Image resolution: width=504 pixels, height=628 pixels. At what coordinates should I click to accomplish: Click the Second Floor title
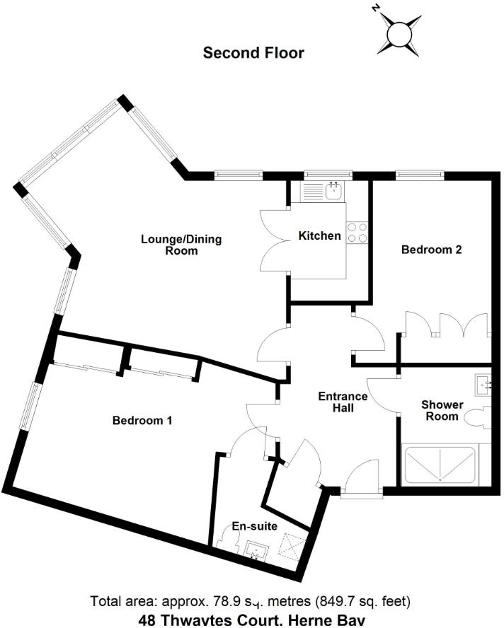253,52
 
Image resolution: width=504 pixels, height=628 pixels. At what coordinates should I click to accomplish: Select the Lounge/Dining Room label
181,245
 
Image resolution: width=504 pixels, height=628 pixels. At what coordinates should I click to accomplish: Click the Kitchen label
319,235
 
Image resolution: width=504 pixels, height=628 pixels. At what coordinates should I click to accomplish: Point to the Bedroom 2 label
431,250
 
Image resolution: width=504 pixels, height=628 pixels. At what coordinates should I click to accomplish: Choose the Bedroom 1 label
142,420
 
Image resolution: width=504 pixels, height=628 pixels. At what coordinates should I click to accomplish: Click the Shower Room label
442,410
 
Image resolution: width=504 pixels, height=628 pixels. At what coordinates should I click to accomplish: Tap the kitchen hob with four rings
357,232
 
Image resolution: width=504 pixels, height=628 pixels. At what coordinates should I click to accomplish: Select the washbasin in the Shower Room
484,384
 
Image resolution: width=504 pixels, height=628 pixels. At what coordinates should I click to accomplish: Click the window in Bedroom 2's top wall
420,173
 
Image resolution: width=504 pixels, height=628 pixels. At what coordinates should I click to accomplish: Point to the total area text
251,602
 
